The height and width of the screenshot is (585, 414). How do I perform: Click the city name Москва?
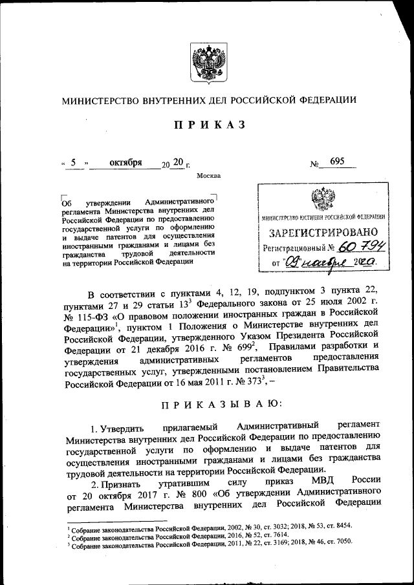[208, 176]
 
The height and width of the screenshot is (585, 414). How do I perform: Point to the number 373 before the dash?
[248, 383]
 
